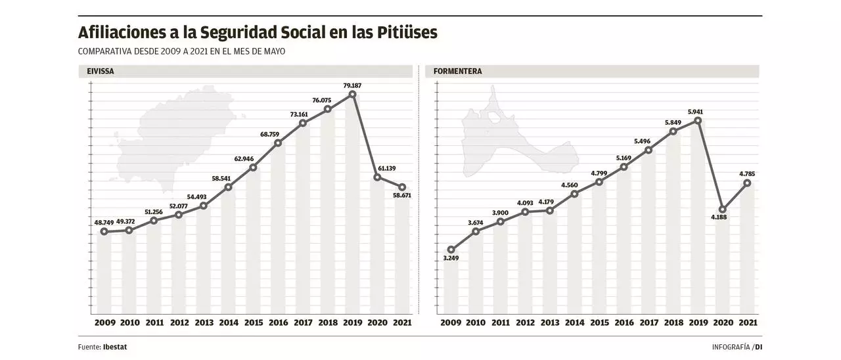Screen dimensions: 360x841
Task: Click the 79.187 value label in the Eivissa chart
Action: pos(353,85)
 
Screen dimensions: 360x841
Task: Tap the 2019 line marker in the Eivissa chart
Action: pos(353,95)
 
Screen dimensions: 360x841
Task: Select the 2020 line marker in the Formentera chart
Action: pos(722,210)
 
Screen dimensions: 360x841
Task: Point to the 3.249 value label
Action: pos(451,258)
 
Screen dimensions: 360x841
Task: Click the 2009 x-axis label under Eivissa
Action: pos(104,323)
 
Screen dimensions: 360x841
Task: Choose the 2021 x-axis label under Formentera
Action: pos(747,323)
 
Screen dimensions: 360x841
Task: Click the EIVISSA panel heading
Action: pos(101,72)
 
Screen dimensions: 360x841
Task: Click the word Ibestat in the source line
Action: pos(116,347)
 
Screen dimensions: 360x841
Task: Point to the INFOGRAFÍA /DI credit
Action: pos(737,347)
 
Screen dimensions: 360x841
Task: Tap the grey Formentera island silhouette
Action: pos(512,141)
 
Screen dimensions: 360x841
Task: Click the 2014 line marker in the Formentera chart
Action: pos(574,194)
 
